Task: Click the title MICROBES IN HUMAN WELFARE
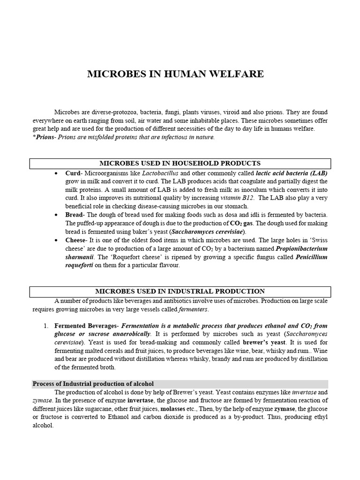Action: [176, 74]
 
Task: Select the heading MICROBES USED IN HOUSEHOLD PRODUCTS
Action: [180, 163]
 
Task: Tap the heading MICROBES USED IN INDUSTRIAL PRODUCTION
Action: [180, 291]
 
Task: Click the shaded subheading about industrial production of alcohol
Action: [93, 383]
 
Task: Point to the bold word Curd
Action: [73, 173]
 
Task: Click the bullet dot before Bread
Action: [56, 215]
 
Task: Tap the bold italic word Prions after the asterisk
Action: [45, 137]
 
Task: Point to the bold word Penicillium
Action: [311, 257]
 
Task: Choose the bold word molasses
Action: [172, 409]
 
